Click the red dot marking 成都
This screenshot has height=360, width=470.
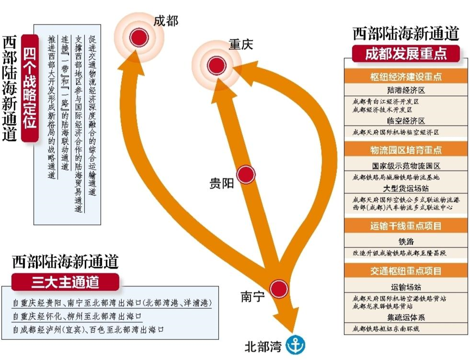[x=139, y=38]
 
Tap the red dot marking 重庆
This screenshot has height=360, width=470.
[x=217, y=66]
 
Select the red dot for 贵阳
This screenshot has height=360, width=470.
[x=246, y=174]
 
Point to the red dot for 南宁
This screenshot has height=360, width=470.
[x=279, y=288]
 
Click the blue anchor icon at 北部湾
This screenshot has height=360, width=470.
[x=296, y=345]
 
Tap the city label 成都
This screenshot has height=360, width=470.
[x=166, y=21]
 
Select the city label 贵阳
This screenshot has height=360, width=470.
[x=221, y=183]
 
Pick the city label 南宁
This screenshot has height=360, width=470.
[x=253, y=297]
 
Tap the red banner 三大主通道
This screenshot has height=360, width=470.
[x=64, y=282]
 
